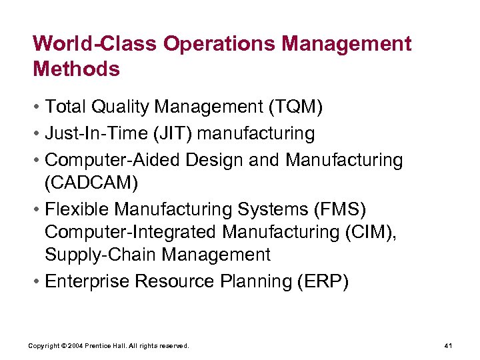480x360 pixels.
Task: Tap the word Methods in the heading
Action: tap(76, 69)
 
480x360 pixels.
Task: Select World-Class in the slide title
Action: tap(95, 44)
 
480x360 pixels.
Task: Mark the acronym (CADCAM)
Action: tap(93, 182)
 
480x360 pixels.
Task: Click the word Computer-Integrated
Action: tap(131, 232)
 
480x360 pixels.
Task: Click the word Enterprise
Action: tap(87, 281)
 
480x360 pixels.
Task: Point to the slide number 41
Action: tap(448, 346)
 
